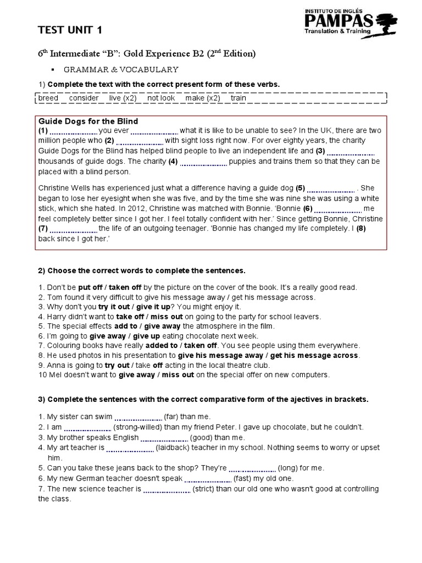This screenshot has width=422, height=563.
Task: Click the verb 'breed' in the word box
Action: (x=48, y=98)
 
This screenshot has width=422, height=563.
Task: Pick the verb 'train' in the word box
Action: (x=238, y=98)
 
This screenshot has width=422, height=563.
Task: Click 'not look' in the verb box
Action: (x=161, y=98)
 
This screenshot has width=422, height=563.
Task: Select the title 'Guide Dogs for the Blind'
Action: (x=88, y=121)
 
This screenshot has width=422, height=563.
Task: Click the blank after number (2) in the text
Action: (x=140, y=141)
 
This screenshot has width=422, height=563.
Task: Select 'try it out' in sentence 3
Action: (x=114, y=307)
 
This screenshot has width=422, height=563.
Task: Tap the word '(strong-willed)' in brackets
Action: (x=142, y=427)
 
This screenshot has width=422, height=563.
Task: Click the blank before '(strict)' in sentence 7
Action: (x=166, y=489)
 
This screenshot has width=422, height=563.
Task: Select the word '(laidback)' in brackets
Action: (x=174, y=448)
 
